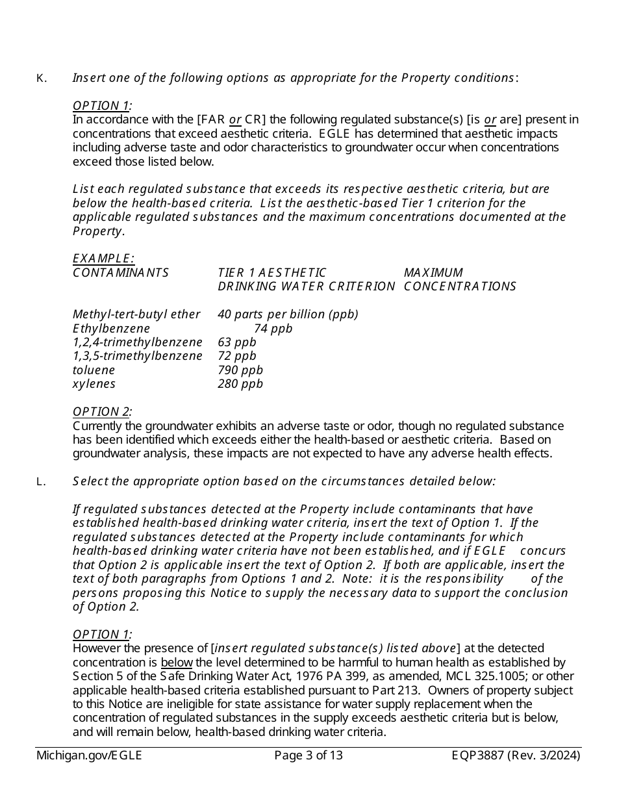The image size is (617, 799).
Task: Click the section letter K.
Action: [40, 79]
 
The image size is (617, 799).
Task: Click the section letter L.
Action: [40, 482]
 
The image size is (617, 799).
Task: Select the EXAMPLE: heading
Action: [103, 259]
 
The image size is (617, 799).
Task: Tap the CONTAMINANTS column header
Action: [121, 273]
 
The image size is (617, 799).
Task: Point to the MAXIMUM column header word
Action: [433, 273]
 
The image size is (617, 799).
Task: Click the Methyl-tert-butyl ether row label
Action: [136, 314]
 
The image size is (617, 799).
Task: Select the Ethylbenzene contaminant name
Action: [111, 329]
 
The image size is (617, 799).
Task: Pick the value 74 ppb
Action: [273, 329]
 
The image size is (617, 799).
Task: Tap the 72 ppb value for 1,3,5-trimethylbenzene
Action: [237, 356]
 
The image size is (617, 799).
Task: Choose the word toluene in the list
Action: [94, 370]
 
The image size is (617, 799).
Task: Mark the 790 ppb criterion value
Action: [240, 370]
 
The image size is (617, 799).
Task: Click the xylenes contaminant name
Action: [94, 384]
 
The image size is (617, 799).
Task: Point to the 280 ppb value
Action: [240, 384]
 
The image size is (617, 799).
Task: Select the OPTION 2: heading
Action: [102, 412]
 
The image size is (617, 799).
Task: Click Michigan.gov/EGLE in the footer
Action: [89, 755]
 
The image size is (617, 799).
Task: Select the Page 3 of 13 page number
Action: [308, 755]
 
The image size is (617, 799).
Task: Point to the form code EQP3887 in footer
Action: [478, 755]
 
